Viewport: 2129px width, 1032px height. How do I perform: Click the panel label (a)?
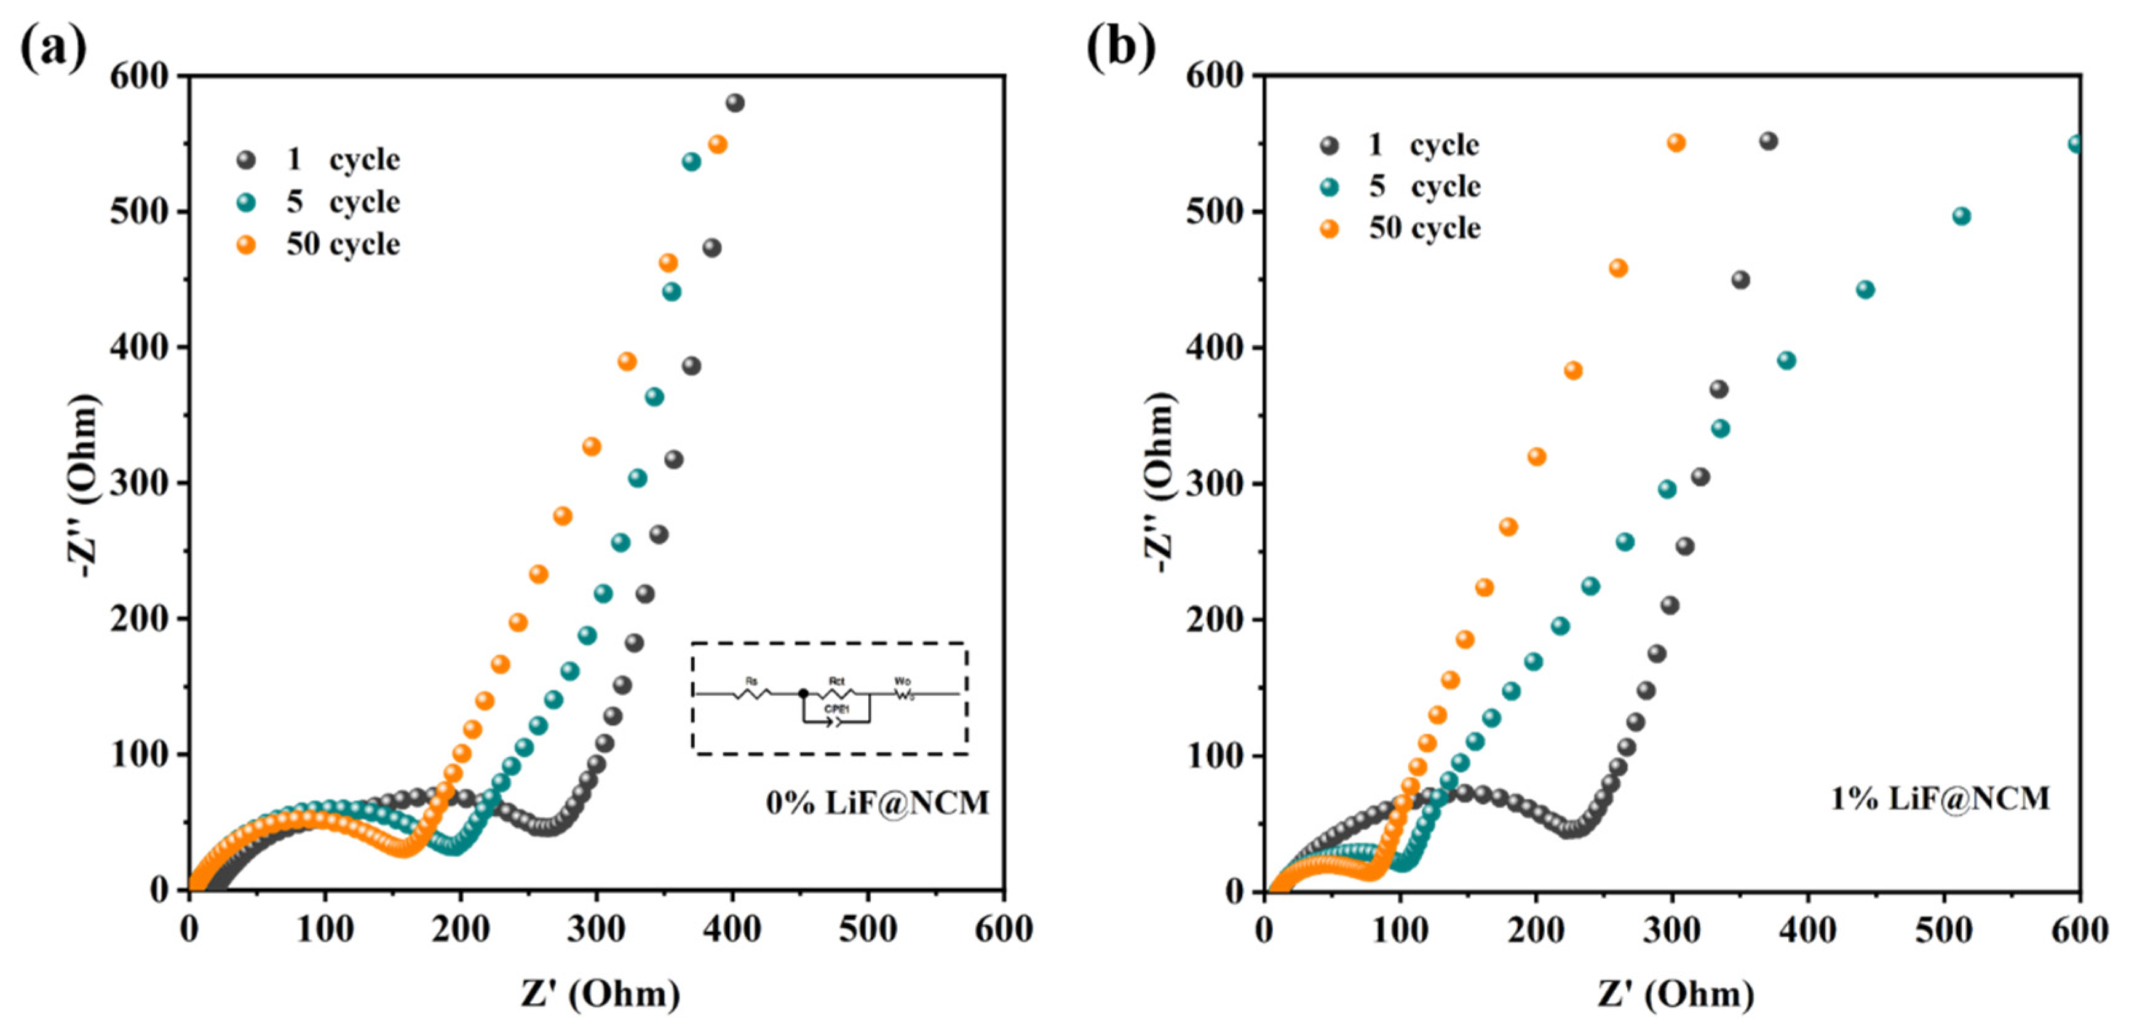pos(53,48)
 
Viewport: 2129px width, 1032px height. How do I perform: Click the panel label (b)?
pos(1120,48)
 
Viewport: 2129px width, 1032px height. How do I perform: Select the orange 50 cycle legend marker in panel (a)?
pos(246,245)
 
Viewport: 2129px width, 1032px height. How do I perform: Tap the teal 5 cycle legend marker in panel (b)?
pos(1329,187)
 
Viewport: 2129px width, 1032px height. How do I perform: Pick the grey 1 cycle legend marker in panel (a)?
pos(246,159)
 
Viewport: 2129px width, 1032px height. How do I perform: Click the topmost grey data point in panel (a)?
pos(735,103)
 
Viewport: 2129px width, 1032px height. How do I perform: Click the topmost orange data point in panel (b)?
pos(1676,143)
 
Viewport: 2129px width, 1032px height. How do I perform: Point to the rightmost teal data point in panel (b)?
pos(2075,144)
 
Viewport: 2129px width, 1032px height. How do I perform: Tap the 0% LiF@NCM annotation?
pos(877,802)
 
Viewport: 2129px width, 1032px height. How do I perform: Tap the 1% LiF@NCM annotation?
pos(1940,798)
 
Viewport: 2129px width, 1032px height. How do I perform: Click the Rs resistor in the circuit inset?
pos(751,693)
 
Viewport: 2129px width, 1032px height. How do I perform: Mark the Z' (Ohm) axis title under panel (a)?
pos(600,993)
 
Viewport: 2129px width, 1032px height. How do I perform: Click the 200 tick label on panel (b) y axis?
pos(1213,620)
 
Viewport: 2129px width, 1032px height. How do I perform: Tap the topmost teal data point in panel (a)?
pos(692,162)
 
